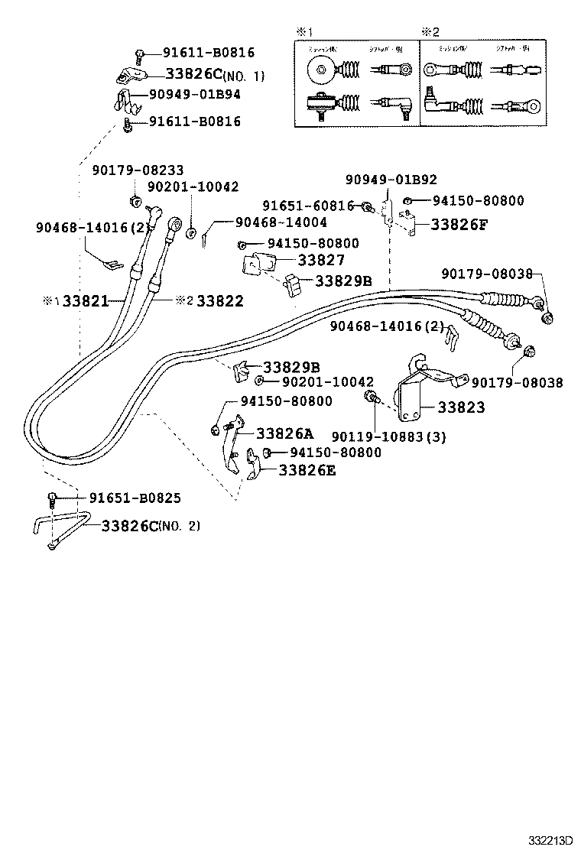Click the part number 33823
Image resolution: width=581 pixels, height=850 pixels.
click(461, 408)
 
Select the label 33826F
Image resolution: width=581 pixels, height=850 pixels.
click(459, 225)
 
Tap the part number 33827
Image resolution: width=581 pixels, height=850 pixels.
click(321, 261)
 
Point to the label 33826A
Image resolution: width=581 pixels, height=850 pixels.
click(284, 433)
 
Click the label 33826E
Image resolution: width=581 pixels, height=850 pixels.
click(307, 470)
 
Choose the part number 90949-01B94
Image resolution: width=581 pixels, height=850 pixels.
click(194, 94)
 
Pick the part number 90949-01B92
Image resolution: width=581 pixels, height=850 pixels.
click(391, 180)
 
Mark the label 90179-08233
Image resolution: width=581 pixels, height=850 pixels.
click(138, 170)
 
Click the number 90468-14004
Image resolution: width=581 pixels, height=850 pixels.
click(281, 222)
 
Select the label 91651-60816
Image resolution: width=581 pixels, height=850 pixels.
click(308, 206)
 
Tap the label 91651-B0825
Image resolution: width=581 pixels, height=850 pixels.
click(135, 498)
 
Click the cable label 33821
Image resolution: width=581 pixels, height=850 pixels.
click(86, 301)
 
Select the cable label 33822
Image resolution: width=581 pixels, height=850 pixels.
click(219, 301)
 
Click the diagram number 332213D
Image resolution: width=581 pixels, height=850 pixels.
click(550, 839)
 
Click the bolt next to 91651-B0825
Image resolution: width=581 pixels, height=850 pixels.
click(52, 498)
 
